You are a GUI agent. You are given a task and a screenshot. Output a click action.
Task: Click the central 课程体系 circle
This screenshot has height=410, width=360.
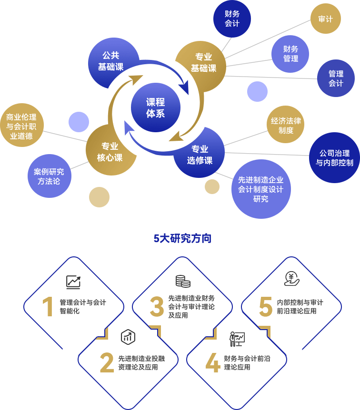tap(155, 108)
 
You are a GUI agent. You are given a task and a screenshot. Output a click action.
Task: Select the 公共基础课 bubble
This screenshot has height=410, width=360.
tap(112, 62)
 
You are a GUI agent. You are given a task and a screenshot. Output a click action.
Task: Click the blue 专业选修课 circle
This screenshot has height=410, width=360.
tap(200, 154)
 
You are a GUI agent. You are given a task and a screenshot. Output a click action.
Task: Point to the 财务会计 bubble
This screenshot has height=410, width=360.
tap(232, 19)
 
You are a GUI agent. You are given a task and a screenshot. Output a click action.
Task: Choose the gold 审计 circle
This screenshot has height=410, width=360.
tap(325, 19)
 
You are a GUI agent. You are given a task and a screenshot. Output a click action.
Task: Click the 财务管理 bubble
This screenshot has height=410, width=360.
tap(290, 54)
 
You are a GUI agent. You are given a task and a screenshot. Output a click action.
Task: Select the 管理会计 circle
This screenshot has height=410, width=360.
tap(336, 78)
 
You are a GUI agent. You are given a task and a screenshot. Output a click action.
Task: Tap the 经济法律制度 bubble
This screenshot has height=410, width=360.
tap(286, 125)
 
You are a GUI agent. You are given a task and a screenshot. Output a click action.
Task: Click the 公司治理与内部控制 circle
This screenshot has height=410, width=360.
tap(334, 158)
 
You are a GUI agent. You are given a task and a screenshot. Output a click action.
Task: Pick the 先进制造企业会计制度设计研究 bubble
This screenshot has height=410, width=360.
tap(261, 189)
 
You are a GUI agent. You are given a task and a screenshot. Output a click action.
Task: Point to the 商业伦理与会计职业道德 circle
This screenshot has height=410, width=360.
tap(22, 126)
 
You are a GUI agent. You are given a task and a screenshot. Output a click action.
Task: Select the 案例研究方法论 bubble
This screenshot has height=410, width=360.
tap(49, 176)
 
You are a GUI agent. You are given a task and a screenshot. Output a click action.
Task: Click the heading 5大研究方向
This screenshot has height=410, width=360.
tap(182, 238)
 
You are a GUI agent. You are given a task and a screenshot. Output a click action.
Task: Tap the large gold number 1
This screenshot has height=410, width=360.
tap(48, 307)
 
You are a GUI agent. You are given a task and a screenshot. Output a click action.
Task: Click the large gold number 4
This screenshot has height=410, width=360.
tap(212, 363)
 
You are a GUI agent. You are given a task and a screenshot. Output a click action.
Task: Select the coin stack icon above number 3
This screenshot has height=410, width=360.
tap(182, 281)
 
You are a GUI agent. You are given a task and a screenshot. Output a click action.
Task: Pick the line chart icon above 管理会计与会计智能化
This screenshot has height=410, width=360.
tap(73, 282)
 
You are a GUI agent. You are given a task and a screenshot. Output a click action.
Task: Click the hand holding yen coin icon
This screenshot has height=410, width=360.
tap(291, 278)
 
